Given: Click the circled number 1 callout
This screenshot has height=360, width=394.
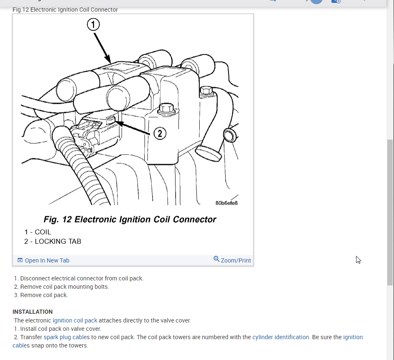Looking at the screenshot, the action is (93, 25).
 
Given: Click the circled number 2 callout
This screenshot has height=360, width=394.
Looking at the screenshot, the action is (160, 133).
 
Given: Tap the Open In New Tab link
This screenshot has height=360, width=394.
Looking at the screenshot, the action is (47, 260).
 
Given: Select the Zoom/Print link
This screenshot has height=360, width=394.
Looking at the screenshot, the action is (236, 260).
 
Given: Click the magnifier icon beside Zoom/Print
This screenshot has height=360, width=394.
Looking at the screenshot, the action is (216, 259).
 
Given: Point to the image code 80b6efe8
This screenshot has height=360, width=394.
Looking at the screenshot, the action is (226, 203).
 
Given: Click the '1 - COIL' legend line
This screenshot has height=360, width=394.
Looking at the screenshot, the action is (38, 232).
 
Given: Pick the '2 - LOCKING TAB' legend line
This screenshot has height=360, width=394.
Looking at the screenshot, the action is (53, 241).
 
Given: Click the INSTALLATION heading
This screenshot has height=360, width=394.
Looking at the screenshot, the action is (33, 312).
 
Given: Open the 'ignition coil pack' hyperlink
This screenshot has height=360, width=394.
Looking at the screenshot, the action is (75, 320).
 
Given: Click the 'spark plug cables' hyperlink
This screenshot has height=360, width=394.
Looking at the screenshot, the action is (67, 337).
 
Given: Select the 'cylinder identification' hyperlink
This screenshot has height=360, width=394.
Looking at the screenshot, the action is (281, 337).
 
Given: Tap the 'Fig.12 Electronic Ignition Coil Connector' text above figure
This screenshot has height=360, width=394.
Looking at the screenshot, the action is (65, 10).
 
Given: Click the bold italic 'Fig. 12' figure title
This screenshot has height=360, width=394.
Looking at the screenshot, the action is (130, 219).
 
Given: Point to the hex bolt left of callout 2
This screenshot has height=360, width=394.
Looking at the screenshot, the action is (166, 109).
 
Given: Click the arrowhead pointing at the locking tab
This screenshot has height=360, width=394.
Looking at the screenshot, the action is (117, 122).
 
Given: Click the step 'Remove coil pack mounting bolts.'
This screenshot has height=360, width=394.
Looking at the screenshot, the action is (64, 287).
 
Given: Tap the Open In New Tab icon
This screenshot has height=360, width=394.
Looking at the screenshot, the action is (20, 260).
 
